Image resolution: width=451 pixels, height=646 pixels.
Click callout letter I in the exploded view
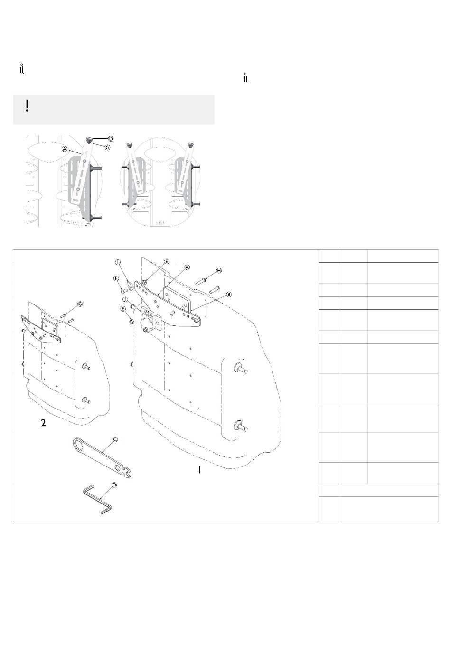(118, 262)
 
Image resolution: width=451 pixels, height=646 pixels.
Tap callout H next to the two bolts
(219, 270)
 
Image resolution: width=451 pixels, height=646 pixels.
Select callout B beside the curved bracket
(229, 294)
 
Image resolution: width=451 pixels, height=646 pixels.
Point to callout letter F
(116, 278)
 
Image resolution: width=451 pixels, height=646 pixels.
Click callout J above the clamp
(124, 300)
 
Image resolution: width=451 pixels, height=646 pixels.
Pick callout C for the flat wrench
(115, 439)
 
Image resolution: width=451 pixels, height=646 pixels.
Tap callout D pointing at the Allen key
(114, 485)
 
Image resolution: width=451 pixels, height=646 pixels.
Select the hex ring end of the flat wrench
(78, 445)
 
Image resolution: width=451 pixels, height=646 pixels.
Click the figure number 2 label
(43, 423)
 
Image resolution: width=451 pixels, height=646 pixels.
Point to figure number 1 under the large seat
(200, 470)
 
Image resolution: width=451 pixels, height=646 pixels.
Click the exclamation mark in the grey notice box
(28, 105)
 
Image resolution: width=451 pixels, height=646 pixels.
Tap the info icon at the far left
(22, 69)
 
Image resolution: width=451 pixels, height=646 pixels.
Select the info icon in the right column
(245, 78)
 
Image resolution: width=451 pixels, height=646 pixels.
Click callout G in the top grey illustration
(108, 148)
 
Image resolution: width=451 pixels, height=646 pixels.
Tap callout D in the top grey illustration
(111, 139)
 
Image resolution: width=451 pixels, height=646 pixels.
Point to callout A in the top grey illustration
(64, 149)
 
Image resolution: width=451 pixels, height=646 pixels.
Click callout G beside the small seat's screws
(80, 304)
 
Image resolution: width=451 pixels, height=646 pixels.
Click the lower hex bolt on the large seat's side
(237, 426)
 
